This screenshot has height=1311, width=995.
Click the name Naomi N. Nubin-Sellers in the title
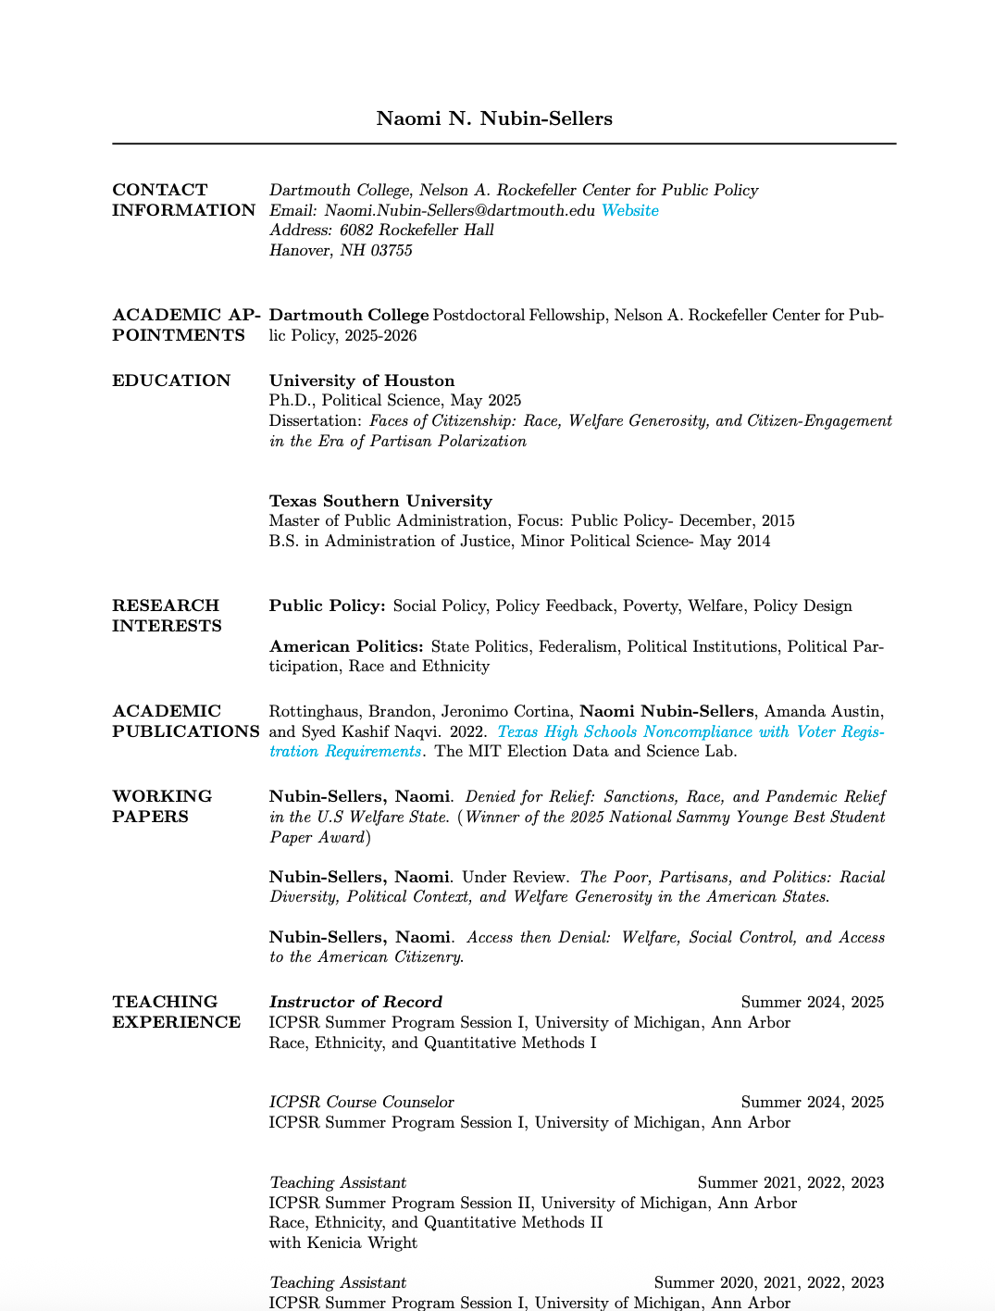coord(494,119)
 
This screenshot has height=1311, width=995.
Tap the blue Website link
coord(629,210)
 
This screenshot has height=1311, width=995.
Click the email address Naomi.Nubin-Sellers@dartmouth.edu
coord(460,210)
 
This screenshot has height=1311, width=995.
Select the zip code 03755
coord(392,250)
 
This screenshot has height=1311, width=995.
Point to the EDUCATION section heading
coord(171,381)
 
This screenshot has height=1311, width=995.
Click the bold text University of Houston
coord(362,381)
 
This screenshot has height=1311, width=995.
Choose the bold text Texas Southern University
coord(380,501)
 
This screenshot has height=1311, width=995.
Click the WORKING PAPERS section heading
coord(162,806)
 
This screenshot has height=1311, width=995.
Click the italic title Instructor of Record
coord(355,1002)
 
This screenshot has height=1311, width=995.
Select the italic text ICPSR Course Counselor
coord(362,1102)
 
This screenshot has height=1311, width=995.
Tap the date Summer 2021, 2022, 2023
coord(790,1182)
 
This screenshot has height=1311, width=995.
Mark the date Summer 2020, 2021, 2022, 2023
coord(769,1282)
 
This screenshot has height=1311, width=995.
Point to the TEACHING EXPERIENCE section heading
coord(176,1012)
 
